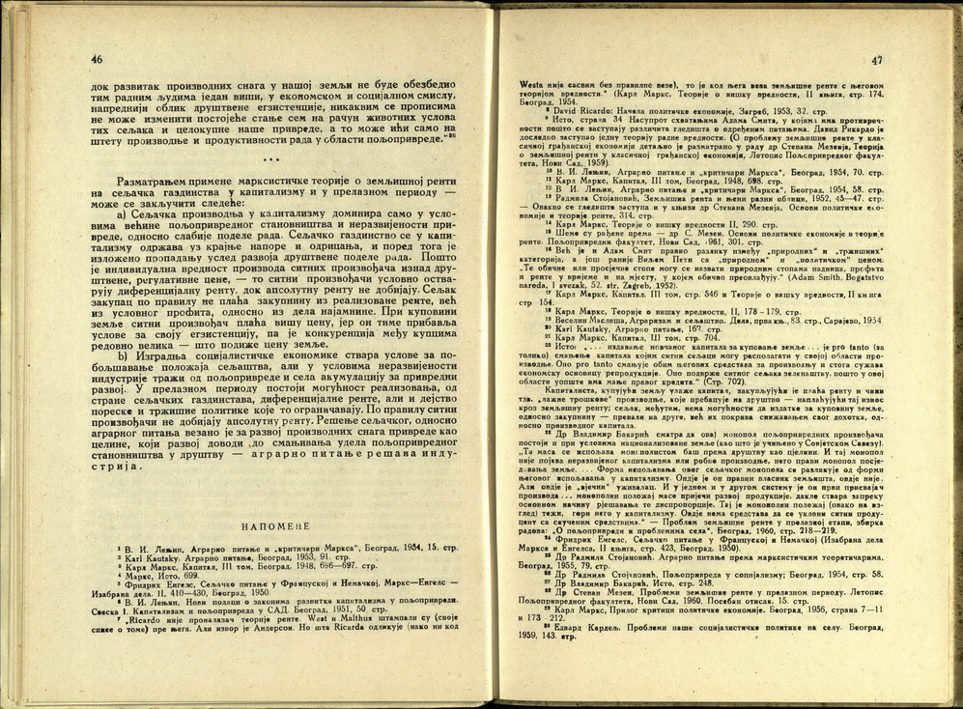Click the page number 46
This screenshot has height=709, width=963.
tap(96, 59)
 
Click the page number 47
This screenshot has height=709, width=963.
tap(876, 58)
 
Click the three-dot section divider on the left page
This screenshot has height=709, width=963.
tap(272, 159)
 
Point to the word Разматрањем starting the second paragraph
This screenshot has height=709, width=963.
tap(154, 182)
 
